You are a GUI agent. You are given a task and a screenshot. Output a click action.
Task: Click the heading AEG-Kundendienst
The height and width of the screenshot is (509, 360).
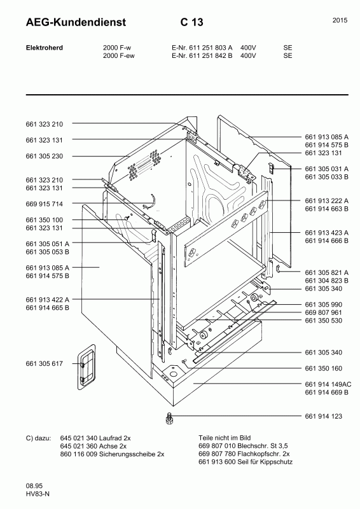click(76, 22)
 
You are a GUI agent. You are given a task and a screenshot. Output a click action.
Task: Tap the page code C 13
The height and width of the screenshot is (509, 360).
click(192, 22)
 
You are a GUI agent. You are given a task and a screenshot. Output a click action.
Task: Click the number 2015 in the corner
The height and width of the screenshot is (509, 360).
click(340, 20)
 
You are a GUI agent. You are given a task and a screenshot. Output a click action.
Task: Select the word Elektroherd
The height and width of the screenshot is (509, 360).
click(44, 47)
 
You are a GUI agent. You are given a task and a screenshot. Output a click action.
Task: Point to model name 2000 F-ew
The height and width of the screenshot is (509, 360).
click(119, 55)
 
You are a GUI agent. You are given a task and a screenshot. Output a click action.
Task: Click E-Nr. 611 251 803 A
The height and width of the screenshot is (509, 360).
click(202, 47)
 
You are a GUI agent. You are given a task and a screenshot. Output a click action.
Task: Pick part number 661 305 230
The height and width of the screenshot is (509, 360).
click(44, 156)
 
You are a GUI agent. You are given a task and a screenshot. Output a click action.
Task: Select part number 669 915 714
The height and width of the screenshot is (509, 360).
click(44, 204)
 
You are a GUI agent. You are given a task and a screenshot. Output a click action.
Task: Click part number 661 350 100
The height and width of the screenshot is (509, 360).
click(44, 220)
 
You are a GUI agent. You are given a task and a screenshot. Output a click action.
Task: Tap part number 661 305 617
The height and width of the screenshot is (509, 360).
click(44, 363)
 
